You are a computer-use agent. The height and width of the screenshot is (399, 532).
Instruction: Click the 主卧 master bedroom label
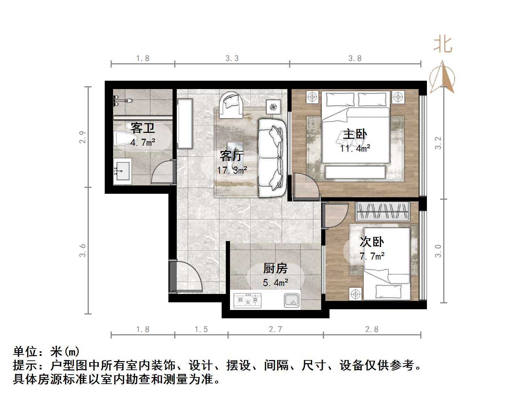[x=355, y=134]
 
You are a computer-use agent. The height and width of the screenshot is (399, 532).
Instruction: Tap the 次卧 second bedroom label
[x=372, y=242]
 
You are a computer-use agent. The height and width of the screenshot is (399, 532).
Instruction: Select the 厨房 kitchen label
[x=275, y=269]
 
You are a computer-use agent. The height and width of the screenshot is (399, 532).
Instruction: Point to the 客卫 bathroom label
[x=142, y=128]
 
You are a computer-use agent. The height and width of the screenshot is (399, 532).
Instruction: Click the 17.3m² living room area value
[x=232, y=170]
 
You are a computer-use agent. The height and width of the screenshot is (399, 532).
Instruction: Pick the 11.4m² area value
[x=355, y=149]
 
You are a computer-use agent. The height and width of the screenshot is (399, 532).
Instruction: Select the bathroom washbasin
[x=122, y=171]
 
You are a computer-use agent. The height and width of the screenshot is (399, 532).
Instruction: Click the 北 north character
[x=443, y=44]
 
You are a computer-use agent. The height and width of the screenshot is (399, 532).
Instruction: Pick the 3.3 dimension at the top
[x=232, y=58]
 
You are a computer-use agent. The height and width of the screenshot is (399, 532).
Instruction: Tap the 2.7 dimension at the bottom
[x=275, y=329]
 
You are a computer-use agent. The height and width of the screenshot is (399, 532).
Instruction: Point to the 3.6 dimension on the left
[x=82, y=250]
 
